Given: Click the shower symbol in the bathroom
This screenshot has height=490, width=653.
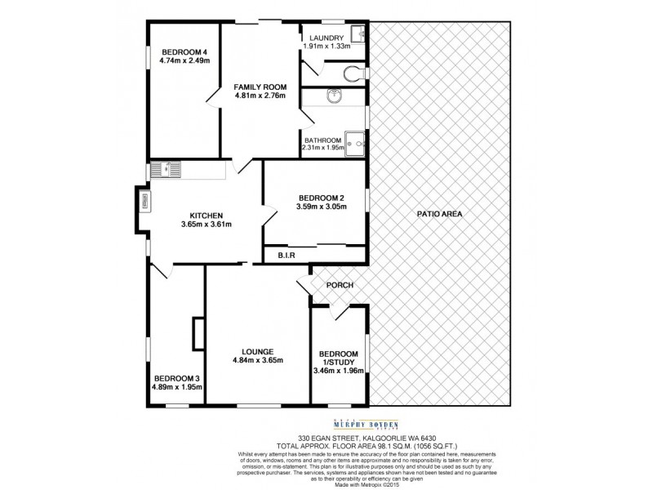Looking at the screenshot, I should click(355, 141).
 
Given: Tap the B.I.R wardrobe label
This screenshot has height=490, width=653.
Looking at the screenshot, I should click(286, 256).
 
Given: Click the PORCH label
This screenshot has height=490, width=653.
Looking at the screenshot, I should click(339, 285).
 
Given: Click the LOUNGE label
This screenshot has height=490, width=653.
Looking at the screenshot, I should click(256, 351).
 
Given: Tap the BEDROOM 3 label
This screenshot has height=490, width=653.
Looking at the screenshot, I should click(176, 378).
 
